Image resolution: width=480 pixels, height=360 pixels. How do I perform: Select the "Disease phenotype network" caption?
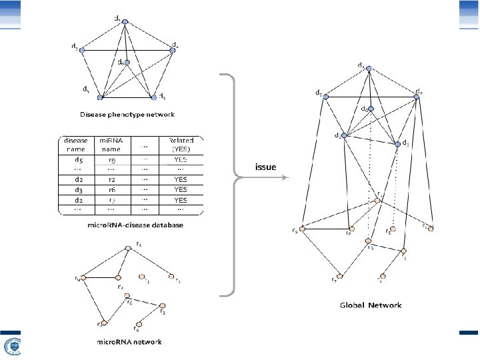tap(127, 115)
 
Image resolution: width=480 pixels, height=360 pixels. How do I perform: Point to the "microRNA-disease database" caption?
tap(135, 225)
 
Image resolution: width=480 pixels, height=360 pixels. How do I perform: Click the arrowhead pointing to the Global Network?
tap(286, 178)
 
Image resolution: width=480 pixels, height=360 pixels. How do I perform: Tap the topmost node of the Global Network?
tap(367, 68)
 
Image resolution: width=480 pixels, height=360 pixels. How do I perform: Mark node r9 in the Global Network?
tap(302, 229)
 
